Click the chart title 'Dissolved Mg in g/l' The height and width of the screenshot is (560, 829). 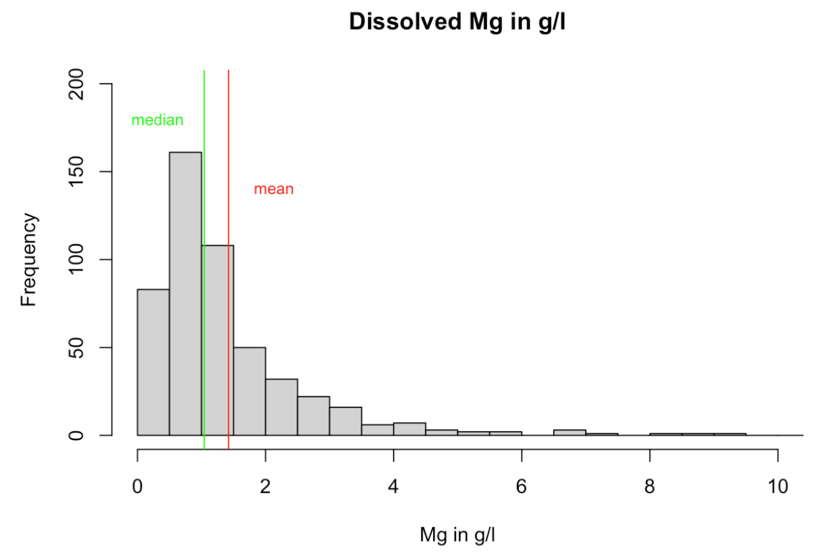457,22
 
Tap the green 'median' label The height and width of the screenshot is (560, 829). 157,120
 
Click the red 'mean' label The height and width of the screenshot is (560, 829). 274,189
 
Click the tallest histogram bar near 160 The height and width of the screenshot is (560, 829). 186,289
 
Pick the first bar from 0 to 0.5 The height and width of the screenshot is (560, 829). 154,362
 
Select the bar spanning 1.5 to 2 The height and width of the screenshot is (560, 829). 249,392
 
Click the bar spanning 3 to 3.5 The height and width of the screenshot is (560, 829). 345,421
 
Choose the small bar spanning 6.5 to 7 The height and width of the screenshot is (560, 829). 569,432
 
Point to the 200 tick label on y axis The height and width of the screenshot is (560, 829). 77,84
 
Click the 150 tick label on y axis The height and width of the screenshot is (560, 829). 77,172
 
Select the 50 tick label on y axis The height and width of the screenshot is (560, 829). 77,348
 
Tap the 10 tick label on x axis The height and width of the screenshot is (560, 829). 778,486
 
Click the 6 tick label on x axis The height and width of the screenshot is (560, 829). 522,486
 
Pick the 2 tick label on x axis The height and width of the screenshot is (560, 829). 265,486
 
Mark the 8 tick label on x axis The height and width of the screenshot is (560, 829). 649,486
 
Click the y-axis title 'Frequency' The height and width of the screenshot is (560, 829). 28,259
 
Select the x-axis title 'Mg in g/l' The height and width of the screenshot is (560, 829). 457,535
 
